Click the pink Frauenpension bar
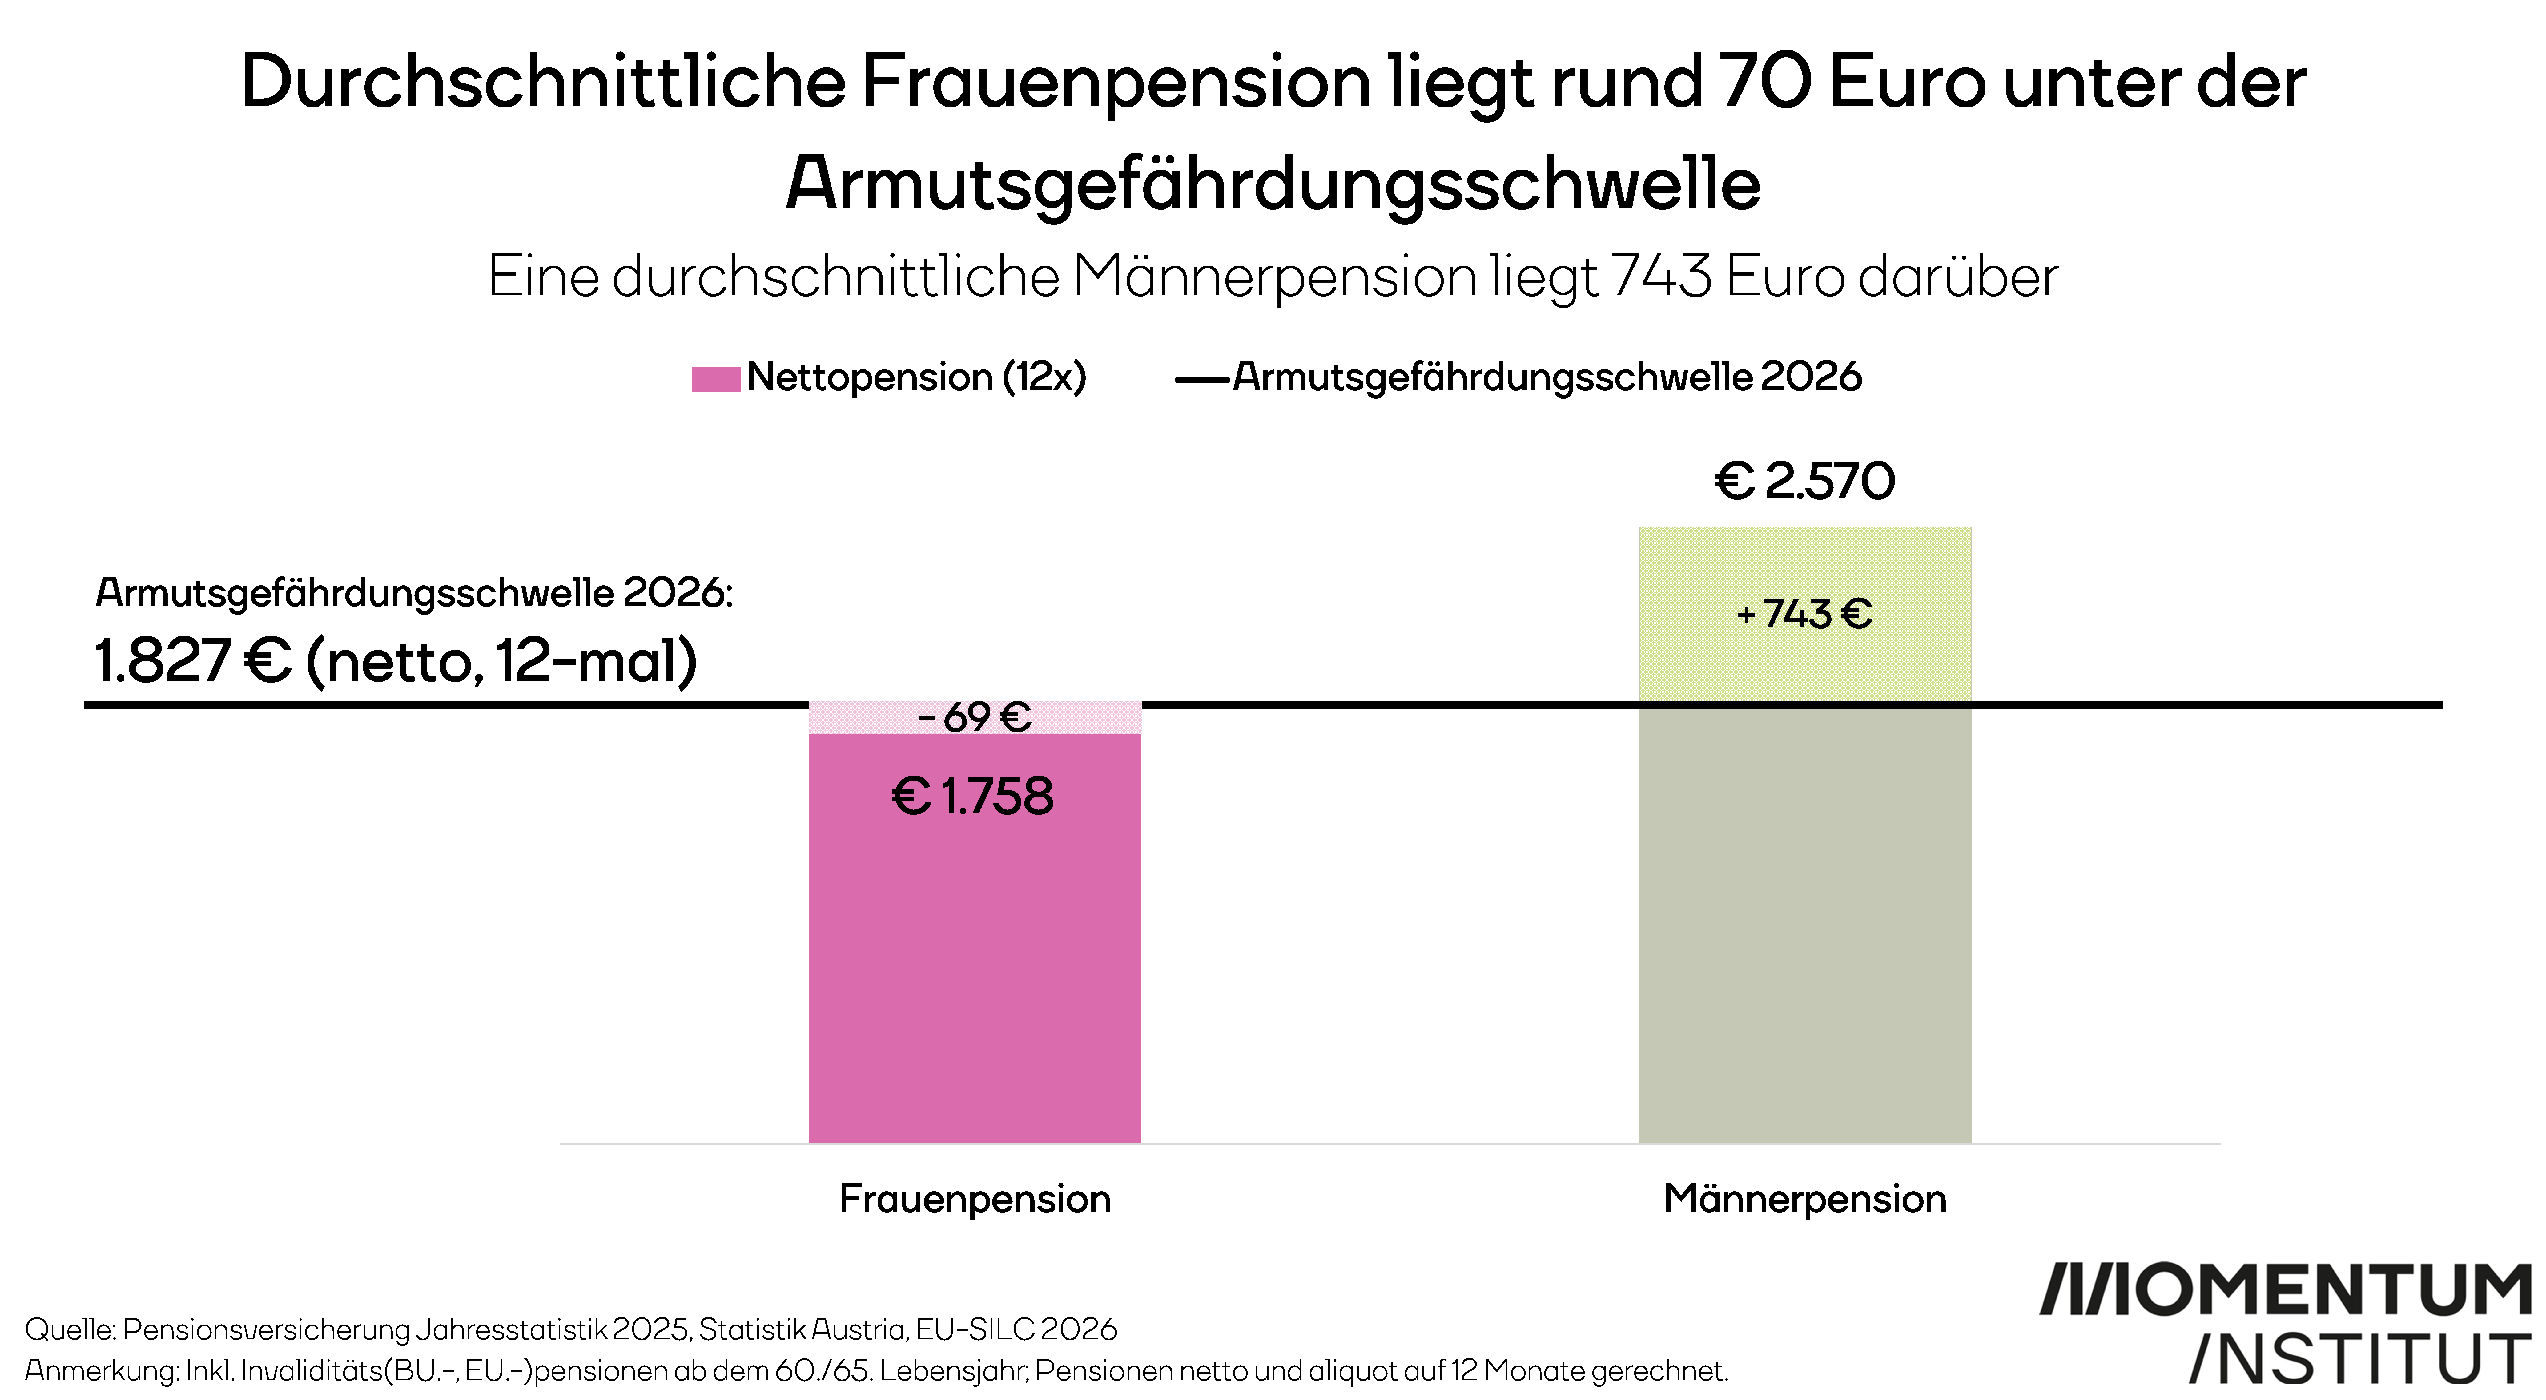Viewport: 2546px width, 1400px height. (x=975, y=937)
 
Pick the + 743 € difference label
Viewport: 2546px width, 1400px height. (x=1805, y=614)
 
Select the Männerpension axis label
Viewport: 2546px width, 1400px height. (x=1805, y=1198)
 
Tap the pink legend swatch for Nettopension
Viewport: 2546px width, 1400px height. (x=716, y=379)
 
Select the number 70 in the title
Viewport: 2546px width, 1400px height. (x=1764, y=81)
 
